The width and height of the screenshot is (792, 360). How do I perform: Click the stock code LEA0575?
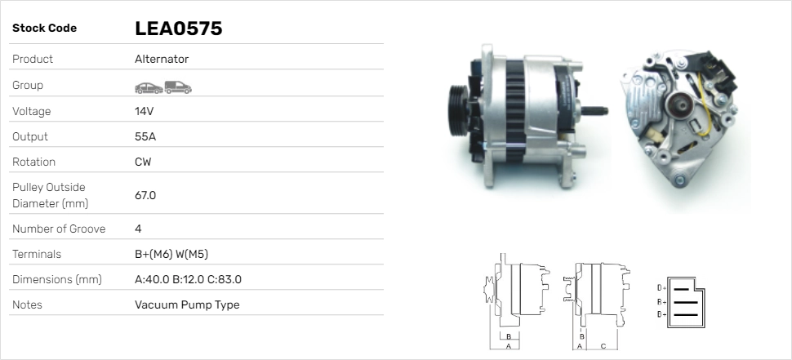178,29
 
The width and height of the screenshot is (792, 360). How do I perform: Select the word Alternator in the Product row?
162,59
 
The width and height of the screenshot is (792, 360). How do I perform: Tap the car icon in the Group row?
149,88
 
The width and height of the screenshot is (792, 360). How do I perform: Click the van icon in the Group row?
178,87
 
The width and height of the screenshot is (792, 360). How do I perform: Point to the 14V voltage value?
144,111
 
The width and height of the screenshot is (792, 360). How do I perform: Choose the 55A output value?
145,136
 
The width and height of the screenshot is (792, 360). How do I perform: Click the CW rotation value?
143,162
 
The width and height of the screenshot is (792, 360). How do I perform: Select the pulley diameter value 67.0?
145,195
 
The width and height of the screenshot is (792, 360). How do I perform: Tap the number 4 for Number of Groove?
138,229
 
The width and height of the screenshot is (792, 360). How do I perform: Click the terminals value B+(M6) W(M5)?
171,254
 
